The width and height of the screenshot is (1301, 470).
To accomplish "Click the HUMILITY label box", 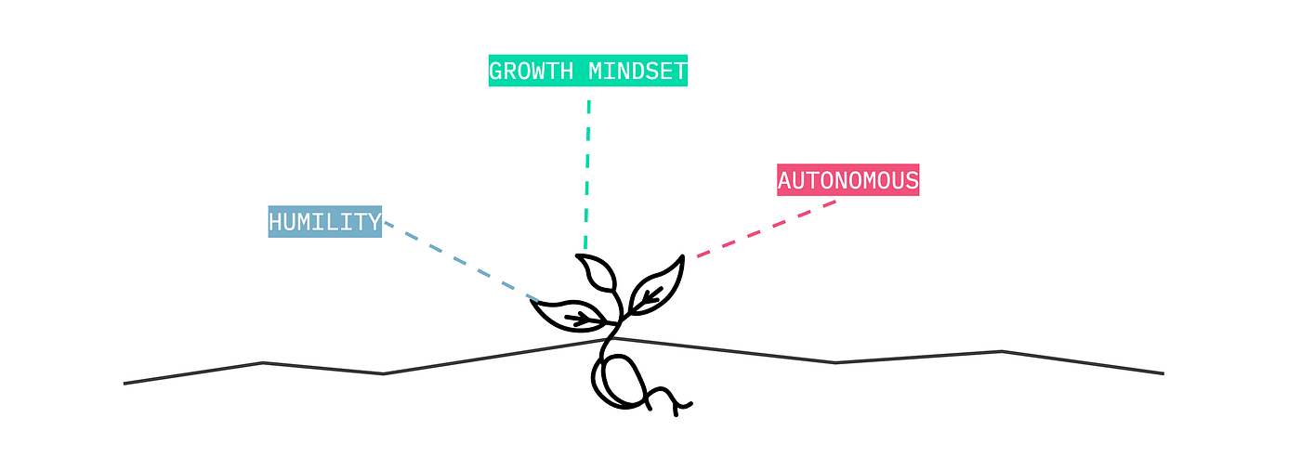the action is pos(324,221).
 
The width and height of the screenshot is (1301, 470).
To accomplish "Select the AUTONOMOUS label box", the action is pos(848,180).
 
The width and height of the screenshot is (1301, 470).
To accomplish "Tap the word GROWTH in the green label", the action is pos(531,72).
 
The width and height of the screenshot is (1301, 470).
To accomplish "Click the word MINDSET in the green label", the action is pos(637,72).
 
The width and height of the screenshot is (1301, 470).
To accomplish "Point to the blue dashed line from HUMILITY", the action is pos(462,261).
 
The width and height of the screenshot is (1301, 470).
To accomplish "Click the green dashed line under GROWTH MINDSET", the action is pos(587,174).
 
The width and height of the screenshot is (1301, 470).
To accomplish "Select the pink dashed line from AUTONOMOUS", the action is pos(767,228).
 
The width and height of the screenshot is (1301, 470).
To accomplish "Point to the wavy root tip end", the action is pos(691,404).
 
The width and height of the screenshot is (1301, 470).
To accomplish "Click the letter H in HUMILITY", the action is pos(275,222).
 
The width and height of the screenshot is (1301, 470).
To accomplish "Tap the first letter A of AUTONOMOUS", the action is pos(784,180).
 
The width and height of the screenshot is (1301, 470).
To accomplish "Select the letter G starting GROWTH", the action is pos(496,72).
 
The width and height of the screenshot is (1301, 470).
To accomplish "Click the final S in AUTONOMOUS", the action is pos(912,180).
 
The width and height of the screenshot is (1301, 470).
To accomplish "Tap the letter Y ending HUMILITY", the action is pos(375,222).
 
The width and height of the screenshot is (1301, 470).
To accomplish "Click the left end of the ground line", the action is pos(124,384).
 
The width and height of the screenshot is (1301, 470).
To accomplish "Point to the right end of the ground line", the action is pos(1163,373).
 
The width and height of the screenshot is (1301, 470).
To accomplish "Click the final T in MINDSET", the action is pos(680,72).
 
